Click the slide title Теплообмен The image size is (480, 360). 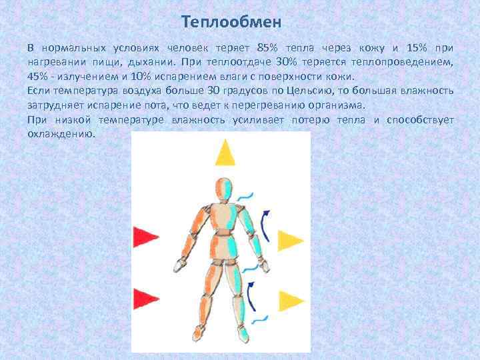coord(232,22)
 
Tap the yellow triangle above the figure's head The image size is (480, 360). coord(225,153)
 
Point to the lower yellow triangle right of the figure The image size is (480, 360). coord(290,301)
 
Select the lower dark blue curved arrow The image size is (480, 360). coord(251,297)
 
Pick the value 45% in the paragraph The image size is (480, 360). coord(38,77)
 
